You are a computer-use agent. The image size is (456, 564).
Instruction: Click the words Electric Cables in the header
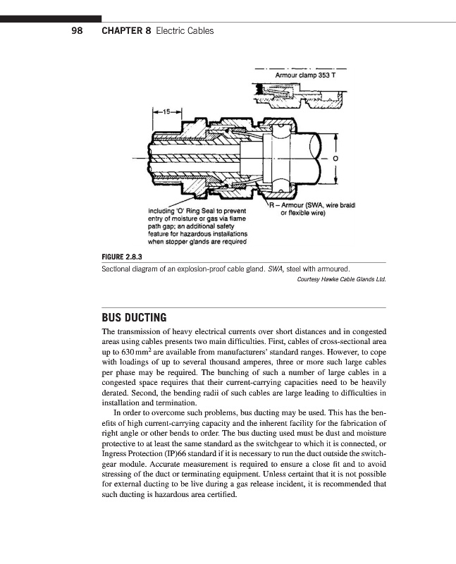pyautogui.click(x=185, y=31)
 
